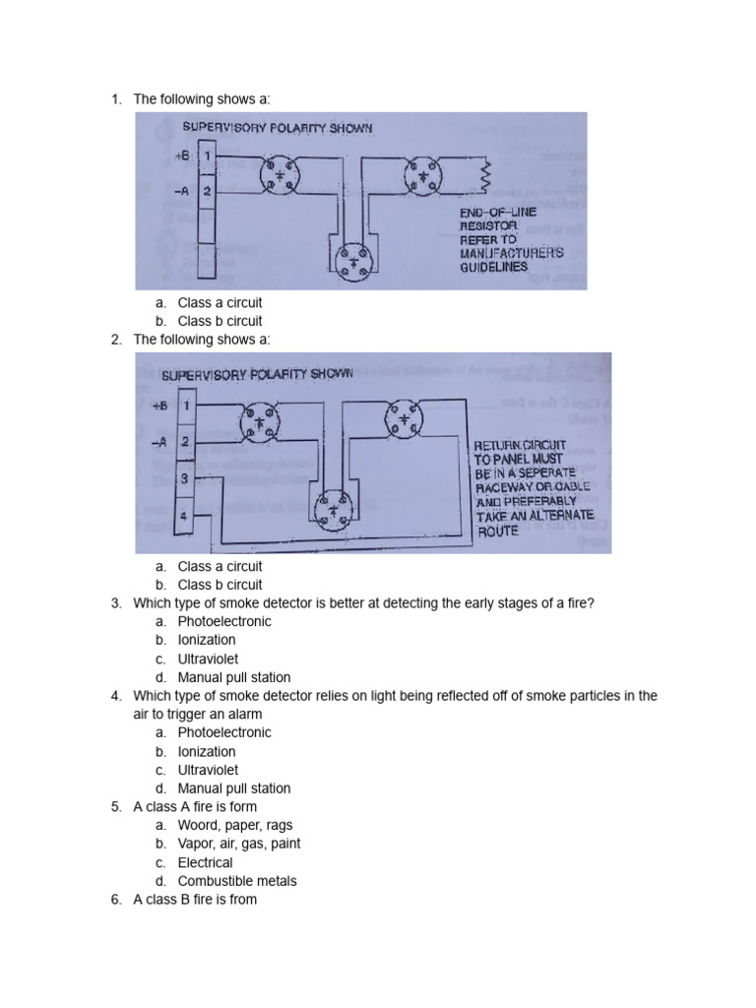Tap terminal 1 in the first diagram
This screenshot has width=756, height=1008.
click(x=207, y=157)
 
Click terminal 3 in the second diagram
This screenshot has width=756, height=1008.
click(x=184, y=478)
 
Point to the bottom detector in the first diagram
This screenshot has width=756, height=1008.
click(x=351, y=260)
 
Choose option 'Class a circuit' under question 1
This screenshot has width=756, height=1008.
click(x=220, y=303)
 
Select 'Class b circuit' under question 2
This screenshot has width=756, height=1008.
click(x=220, y=585)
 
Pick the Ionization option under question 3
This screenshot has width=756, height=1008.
click(x=207, y=640)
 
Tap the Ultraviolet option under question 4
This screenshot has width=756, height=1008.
click(x=208, y=770)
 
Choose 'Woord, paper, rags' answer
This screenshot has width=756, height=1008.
click(x=235, y=825)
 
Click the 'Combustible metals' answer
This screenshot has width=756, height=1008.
click(x=237, y=881)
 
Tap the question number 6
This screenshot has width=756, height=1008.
click(x=115, y=900)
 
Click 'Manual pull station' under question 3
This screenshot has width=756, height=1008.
click(x=234, y=677)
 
